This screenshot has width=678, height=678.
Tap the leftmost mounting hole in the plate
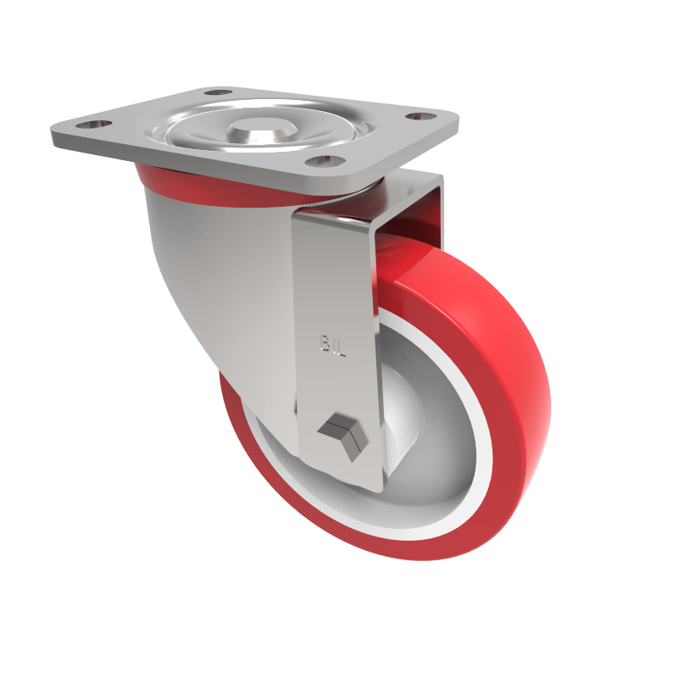(100, 124)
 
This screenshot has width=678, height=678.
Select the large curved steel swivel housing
(220, 280)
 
